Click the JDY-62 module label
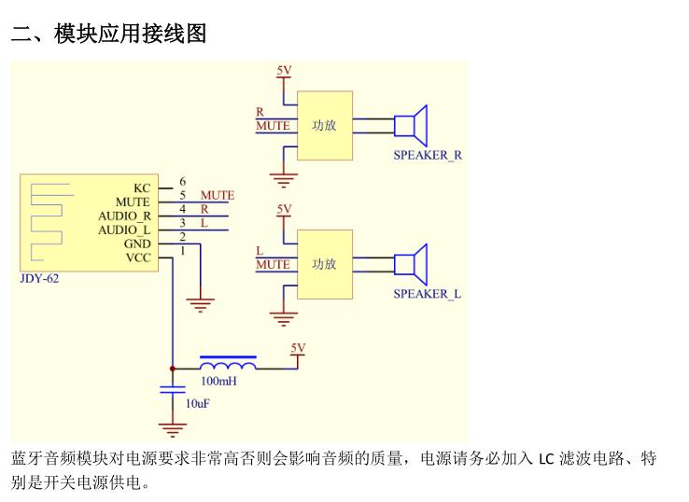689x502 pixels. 39,278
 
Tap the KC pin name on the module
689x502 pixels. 141,187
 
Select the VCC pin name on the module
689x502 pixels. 137,258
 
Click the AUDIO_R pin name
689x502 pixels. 124,216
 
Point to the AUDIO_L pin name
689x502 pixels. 124,230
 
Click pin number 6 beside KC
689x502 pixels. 182,181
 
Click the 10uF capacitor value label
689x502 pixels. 197,404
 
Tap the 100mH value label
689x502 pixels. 218,382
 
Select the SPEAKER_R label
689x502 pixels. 427,155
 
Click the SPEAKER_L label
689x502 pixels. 427,294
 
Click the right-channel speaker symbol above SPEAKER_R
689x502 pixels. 410,125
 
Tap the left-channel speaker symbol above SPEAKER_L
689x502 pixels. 410,264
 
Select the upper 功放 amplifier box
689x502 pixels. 325,125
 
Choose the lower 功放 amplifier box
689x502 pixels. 325,264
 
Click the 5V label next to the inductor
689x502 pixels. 298,348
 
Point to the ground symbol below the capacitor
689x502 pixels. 172,429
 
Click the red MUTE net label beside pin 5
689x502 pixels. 218,195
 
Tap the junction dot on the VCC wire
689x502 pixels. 172,369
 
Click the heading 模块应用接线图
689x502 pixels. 130,34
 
